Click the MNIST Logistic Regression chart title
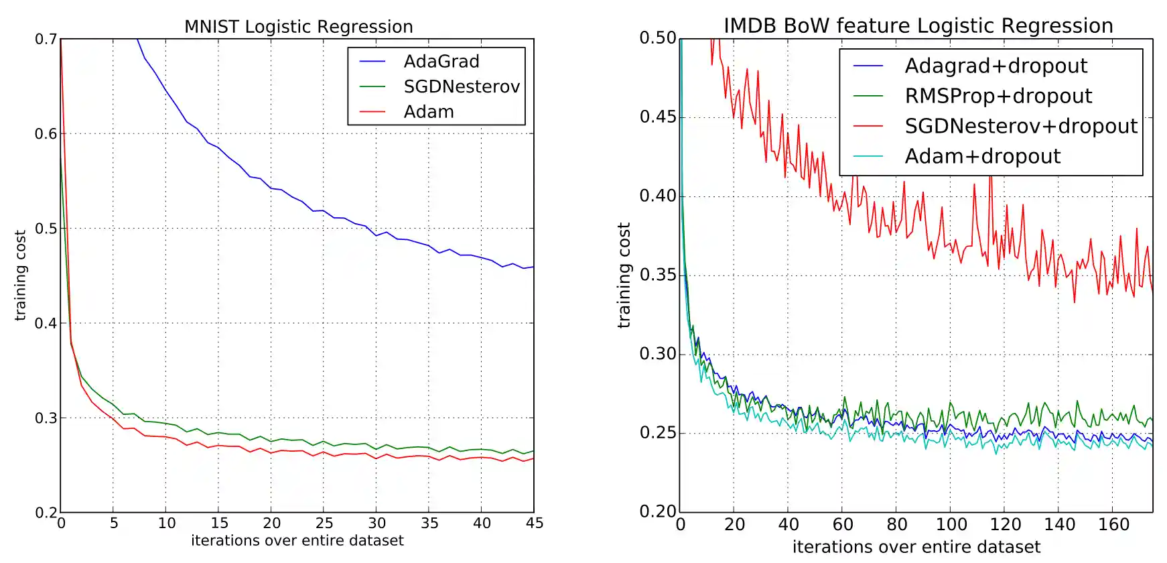click(x=298, y=27)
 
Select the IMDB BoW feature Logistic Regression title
click(x=918, y=26)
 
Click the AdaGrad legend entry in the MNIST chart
click(x=441, y=62)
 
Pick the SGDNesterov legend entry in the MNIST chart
click(x=461, y=87)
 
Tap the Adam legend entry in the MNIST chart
click(x=429, y=112)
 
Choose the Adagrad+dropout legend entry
click(x=996, y=66)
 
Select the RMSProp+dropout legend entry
click(x=998, y=96)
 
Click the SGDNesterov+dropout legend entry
click(x=1020, y=126)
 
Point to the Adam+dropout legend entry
click(x=982, y=156)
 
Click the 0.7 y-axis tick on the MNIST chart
click(x=46, y=39)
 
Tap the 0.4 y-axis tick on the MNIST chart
click(x=46, y=323)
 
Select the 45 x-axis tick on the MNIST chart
click(x=534, y=523)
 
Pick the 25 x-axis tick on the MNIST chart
click(x=324, y=523)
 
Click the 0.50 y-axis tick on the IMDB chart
click(x=658, y=38)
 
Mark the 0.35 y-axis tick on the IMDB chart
click(x=658, y=275)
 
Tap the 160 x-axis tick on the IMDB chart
click(x=1113, y=525)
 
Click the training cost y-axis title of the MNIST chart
click(x=21, y=275)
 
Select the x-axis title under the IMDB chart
click(x=916, y=547)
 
